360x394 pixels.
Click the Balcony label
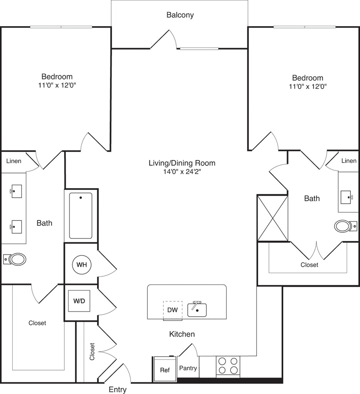click(x=180, y=15)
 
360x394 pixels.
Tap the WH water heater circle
click(x=81, y=265)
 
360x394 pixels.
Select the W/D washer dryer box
click(x=79, y=300)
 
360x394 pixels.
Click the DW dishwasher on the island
click(x=172, y=310)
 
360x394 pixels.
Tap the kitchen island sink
click(x=197, y=309)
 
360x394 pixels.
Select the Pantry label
click(x=188, y=368)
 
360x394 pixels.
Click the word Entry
click(x=117, y=389)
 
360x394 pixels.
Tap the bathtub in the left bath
click(x=80, y=215)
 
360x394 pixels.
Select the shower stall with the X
click(x=272, y=218)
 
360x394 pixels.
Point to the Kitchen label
click(x=182, y=334)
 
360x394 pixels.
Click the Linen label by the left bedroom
click(x=14, y=161)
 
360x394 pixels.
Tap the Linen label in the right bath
click(x=348, y=161)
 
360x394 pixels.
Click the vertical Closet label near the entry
click(x=92, y=352)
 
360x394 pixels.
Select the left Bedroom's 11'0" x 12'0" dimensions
click(x=57, y=85)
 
